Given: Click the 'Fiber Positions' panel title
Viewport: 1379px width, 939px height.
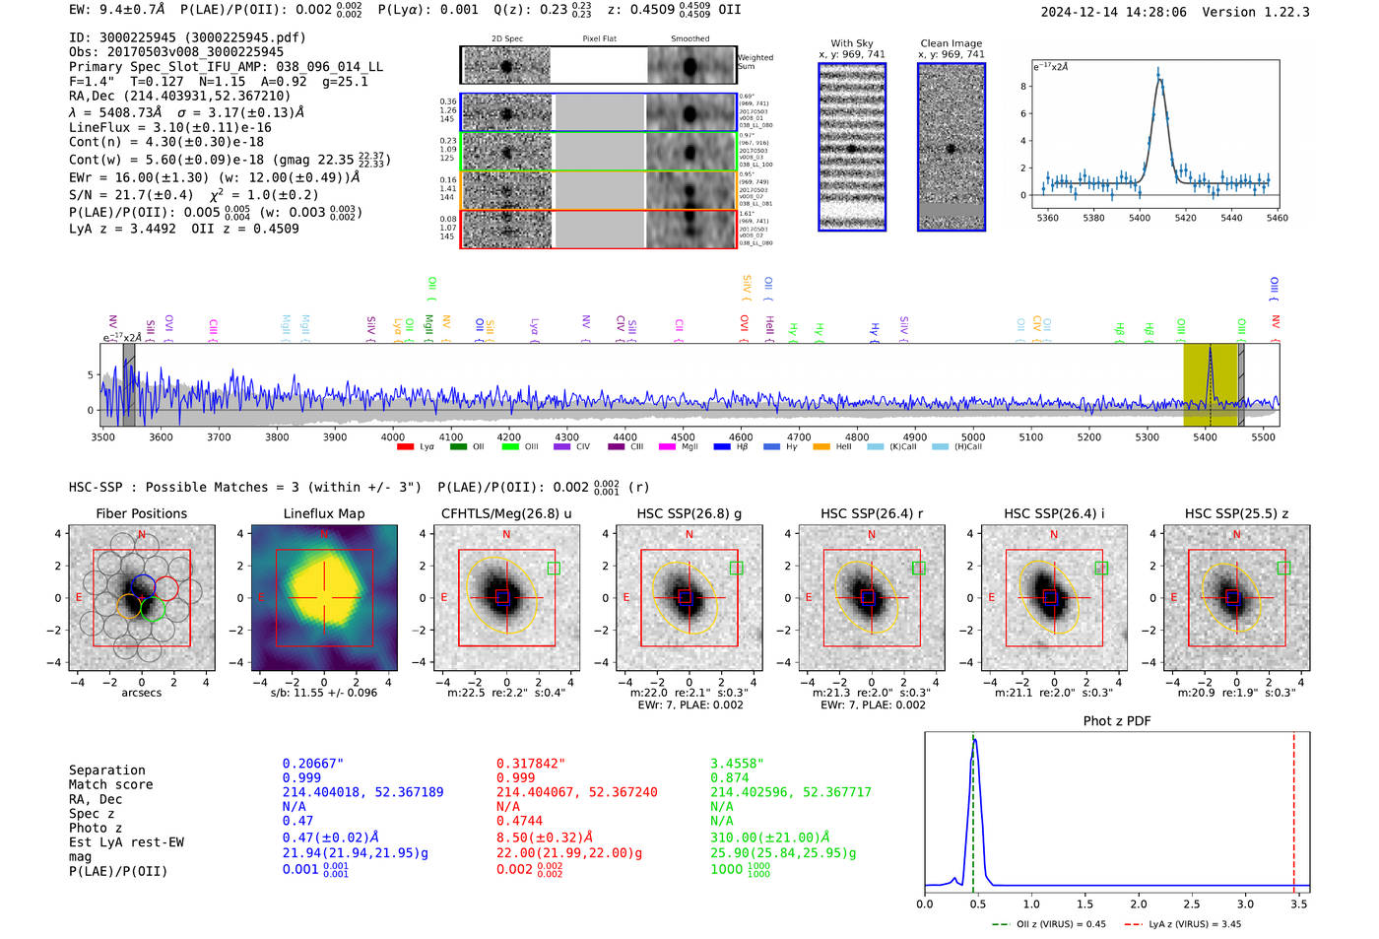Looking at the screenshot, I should (x=141, y=513).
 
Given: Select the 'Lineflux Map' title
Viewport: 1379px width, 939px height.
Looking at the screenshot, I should (x=324, y=513).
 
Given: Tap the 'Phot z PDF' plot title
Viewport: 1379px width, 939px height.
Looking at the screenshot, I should (x=1117, y=721).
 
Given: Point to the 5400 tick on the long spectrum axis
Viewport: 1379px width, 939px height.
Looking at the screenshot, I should (x=1205, y=436).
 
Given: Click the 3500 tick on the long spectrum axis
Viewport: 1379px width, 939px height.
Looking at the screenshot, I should (x=102, y=436).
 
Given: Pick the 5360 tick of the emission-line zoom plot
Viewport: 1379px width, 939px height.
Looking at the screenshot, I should (x=1047, y=218).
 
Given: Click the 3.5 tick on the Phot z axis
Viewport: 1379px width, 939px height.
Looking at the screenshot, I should (x=1299, y=904).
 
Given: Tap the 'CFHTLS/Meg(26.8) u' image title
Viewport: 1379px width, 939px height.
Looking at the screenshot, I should (x=506, y=513).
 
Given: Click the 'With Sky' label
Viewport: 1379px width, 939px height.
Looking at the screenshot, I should (x=851, y=43).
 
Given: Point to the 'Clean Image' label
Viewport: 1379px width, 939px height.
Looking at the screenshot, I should (x=951, y=43).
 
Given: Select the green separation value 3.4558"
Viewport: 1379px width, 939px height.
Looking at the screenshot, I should (x=738, y=764).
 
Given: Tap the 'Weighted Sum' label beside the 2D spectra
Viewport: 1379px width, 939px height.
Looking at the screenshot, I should (x=755, y=62).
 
